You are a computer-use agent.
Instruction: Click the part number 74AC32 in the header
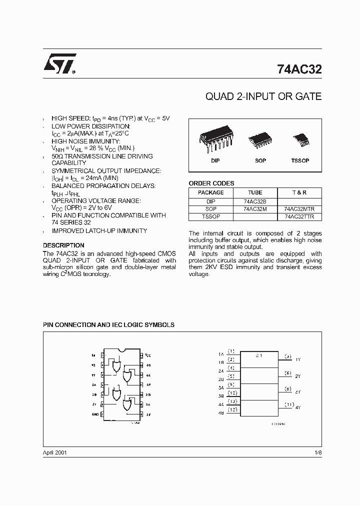[299, 70]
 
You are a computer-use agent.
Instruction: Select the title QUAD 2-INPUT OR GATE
[263, 96]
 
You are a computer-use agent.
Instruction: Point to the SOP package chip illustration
[260, 139]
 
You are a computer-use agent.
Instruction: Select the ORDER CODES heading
[211, 183]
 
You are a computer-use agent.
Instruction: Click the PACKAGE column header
[210, 193]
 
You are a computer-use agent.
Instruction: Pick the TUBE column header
[255, 193]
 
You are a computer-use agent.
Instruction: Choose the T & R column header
[299, 193]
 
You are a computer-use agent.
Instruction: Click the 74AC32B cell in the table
[255, 201]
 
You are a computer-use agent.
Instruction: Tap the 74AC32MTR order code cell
[299, 209]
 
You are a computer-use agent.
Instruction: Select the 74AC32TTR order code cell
[299, 217]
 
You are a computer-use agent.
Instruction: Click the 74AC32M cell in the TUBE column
[255, 209]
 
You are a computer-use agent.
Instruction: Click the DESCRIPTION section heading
[63, 245]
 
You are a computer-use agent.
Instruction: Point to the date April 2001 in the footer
[55, 452]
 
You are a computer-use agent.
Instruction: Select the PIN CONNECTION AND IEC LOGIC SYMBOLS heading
[108, 325]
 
